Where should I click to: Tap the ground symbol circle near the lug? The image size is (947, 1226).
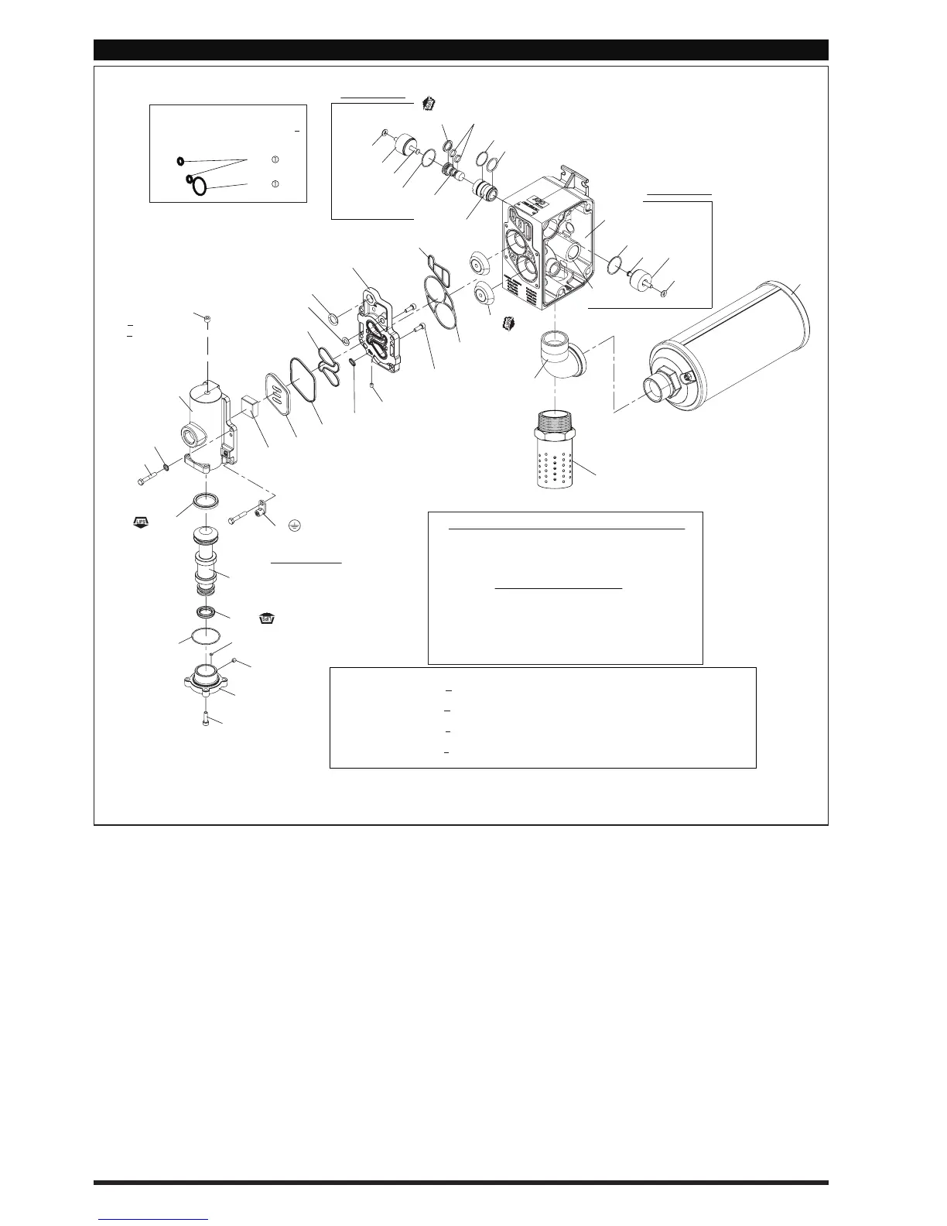[x=295, y=525]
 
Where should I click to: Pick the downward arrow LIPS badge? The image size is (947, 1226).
[x=268, y=619]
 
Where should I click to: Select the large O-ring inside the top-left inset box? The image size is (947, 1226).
[x=200, y=187]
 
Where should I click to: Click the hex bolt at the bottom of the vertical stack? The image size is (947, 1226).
[x=207, y=717]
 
